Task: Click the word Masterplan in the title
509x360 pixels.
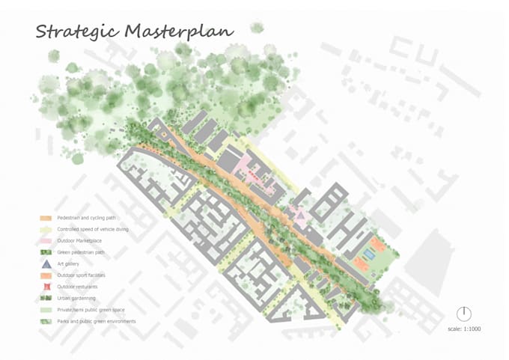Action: [179, 31]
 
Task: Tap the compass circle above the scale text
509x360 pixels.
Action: [464, 314]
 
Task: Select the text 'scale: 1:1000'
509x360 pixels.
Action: [465, 329]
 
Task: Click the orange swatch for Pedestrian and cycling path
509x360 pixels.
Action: [45, 218]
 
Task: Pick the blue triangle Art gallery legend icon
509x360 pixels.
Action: [45, 264]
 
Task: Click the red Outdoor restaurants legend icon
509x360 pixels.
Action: [45, 287]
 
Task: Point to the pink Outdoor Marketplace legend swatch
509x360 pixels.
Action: [45, 241]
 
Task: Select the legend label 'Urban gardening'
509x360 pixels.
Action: [75, 298]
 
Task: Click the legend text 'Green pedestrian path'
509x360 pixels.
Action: [82, 252]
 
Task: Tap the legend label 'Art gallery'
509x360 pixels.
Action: [69, 263]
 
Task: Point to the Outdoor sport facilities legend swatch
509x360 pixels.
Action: [45, 275]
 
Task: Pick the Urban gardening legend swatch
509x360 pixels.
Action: [45, 298]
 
